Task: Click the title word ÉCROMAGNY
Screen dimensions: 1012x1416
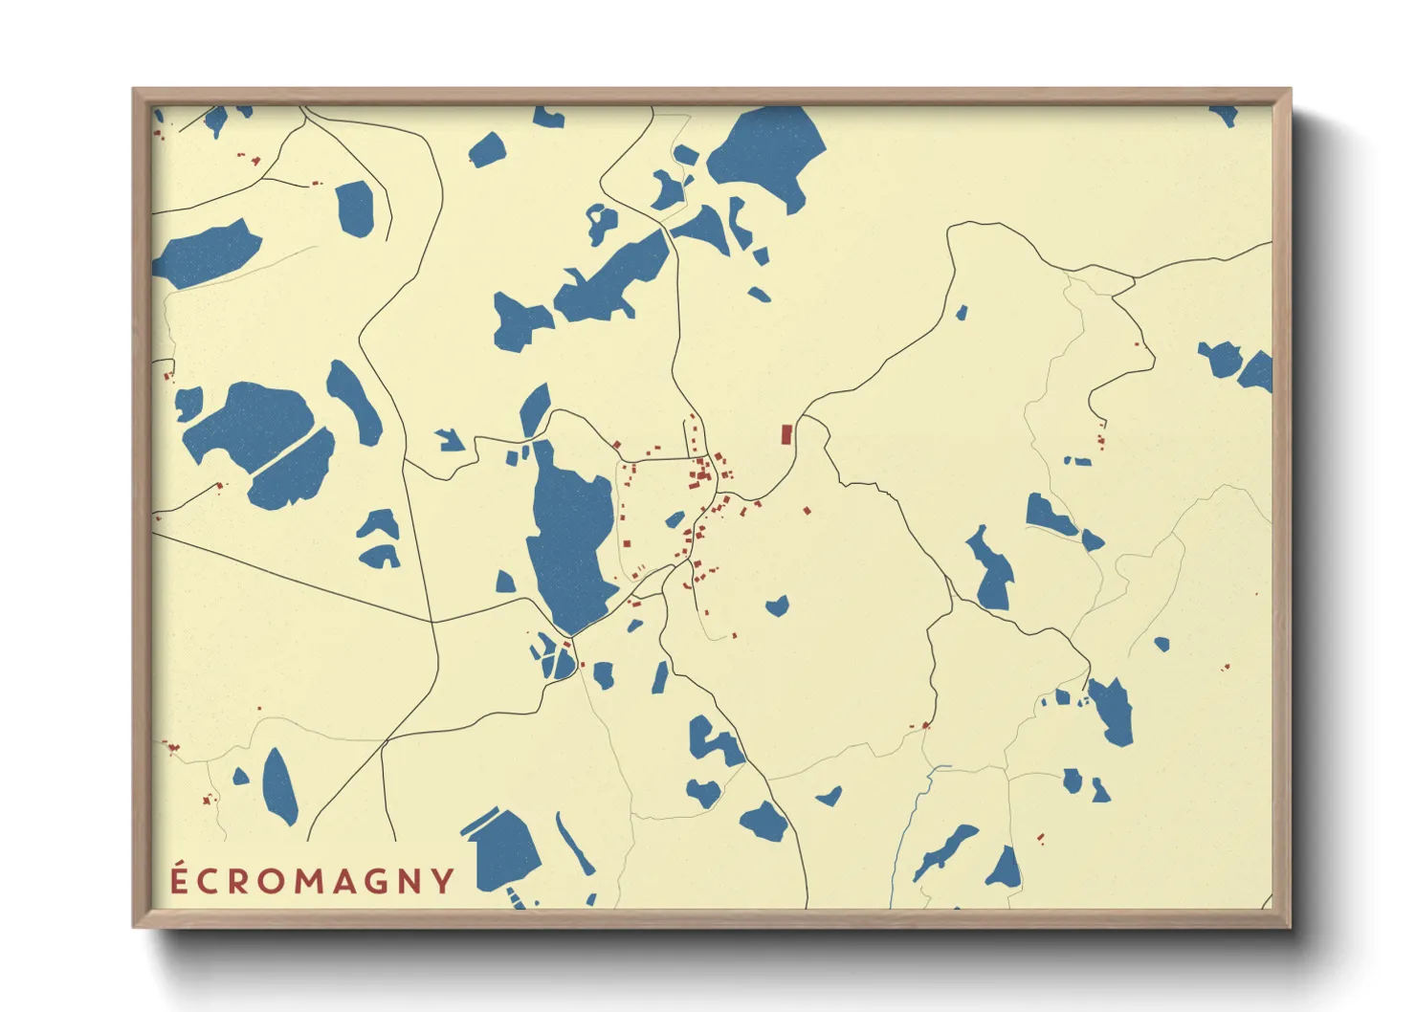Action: (x=312, y=881)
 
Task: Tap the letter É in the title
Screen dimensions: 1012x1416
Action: (x=178, y=879)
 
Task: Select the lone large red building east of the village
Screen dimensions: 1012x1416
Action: (x=786, y=434)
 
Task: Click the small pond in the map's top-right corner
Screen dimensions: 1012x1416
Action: (x=1224, y=116)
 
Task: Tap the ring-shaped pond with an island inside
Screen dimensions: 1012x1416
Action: (x=600, y=224)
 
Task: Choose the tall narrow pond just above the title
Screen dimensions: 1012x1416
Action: (x=279, y=785)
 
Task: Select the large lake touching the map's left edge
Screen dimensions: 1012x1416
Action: (x=206, y=253)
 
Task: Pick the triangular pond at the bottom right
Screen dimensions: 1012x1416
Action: (x=1005, y=869)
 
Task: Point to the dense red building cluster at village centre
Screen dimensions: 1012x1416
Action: (x=704, y=471)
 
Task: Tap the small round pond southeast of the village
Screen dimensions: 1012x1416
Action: (x=777, y=605)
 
